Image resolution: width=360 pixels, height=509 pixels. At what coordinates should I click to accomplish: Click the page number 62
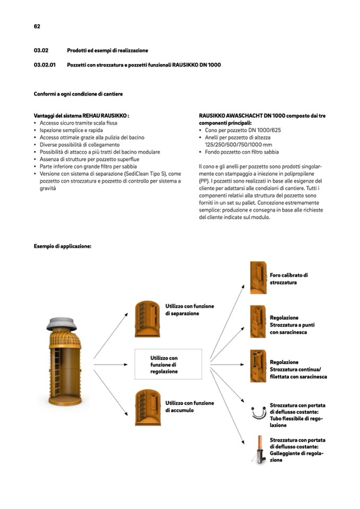coord(37,26)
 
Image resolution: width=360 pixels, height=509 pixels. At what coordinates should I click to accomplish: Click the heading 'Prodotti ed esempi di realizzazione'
coord(107,50)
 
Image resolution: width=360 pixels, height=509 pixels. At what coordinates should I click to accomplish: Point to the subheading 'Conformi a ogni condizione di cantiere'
coord(78,94)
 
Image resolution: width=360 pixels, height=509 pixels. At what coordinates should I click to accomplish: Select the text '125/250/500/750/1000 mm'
coord(238,144)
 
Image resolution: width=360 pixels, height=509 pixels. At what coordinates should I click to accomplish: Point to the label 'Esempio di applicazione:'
coord(63,246)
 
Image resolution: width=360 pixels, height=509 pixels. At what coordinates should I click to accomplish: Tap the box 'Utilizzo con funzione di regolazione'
coord(168,365)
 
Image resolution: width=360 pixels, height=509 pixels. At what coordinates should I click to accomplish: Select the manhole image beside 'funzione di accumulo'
coord(147,407)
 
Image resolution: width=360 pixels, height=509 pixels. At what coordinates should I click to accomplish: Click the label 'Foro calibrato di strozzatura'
coord(289,279)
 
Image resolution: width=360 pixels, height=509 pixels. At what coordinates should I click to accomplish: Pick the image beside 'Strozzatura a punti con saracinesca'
coord(258,321)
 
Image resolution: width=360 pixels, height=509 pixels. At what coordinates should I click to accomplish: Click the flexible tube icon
coord(258,413)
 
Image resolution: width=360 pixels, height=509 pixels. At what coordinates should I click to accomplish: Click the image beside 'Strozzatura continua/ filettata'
coord(258,366)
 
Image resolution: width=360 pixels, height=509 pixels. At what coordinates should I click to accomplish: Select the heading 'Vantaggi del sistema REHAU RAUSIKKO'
coord(82,115)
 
